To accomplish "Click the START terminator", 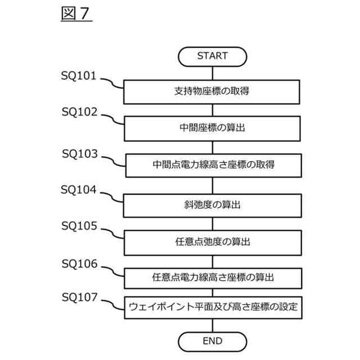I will [x=212, y=56].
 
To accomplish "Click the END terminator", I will [x=212, y=341].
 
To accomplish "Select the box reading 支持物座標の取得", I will [x=212, y=92].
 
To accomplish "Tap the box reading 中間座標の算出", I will [x=212, y=128].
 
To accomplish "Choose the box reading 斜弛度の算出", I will [x=212, y=205].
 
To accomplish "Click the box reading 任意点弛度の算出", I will [x=212, y=242].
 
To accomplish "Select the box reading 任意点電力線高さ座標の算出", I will [x=213, y=277].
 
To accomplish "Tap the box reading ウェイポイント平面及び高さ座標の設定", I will [x=213, y=307].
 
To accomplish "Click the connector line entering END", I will [x=212, y=326].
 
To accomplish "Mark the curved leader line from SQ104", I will [x=113, y=197].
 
